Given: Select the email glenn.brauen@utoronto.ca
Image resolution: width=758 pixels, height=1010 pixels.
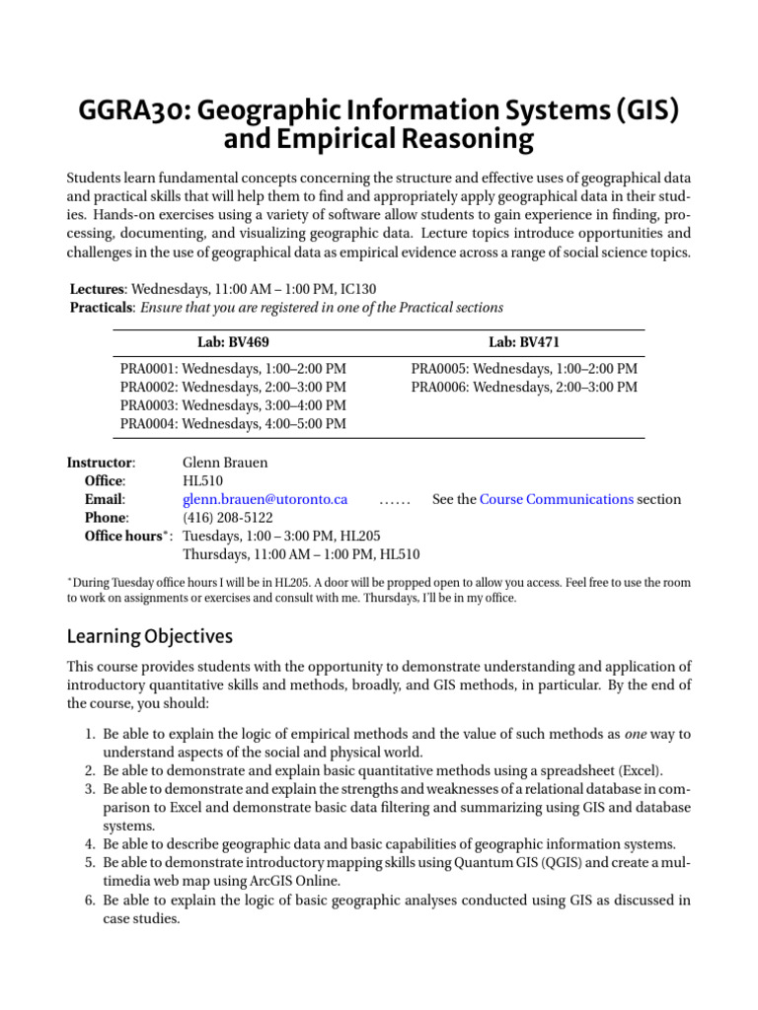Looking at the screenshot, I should click(x=265, y=499).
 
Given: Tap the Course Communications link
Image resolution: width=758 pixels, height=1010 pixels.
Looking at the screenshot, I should click(x=557, y=499).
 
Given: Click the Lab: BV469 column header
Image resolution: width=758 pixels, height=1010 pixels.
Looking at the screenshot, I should click(x=233, y=342).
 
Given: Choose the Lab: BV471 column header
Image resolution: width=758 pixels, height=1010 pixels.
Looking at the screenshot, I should click(x=523, y=342).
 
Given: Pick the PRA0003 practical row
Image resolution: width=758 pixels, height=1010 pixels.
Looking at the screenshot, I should click(x=233, y=405).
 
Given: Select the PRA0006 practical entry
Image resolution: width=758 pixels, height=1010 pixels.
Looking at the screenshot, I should click(x=524, y=387).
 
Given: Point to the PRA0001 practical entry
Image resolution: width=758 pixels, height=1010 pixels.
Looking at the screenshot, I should click(x=233, y=368).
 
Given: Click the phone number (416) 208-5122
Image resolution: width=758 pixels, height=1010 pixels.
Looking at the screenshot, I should click(x=228, y=518).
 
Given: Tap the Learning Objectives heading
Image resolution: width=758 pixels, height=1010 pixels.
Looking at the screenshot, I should click(x=149, y=636).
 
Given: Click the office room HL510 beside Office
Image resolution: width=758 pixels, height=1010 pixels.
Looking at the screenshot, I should click(x=202, y=480).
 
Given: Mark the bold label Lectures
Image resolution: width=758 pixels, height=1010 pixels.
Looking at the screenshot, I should click(x=98, y=289).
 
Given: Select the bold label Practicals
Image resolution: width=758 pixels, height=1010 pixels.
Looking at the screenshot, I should click(x=103, y=308).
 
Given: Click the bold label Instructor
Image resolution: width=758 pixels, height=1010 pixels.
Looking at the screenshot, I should click(x=101, y=462).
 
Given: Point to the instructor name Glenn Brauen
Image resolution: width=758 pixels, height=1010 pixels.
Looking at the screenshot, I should click(x=225, y=462).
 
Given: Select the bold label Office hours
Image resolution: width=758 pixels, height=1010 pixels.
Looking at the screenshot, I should click(x=122, y=537).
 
